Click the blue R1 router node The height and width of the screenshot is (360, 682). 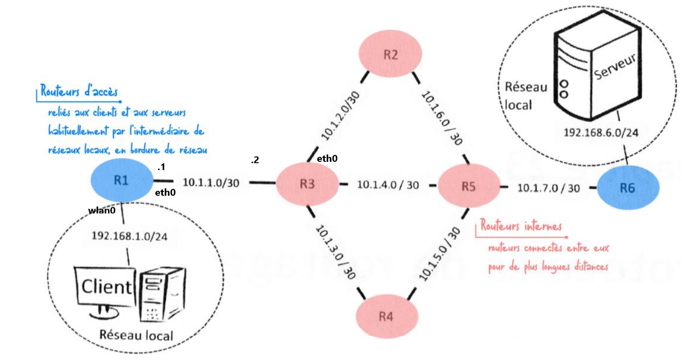point(121,180)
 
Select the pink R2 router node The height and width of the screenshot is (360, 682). point(391,55)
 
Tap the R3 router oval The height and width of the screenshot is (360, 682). point(307,185)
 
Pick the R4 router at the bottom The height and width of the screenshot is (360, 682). point(386,316)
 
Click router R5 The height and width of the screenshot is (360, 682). point(468,186)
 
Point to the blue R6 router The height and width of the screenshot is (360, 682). point(627,188)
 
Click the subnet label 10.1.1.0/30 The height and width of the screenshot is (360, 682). point(211,183)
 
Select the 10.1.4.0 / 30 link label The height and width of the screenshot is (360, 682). point(388,185)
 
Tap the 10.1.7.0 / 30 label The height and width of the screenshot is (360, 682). point(549,187)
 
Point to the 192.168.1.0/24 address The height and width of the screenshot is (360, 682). point(129,236)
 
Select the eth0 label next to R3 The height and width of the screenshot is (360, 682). point(327,158)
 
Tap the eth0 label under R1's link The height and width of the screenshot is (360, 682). point(165,193)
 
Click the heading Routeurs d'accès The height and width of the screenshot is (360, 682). point(79,91)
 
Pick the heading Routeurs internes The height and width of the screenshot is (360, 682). point(521,226)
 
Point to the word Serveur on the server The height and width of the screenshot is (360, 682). point(615,67)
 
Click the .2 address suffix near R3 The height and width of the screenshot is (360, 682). point(254,160)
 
